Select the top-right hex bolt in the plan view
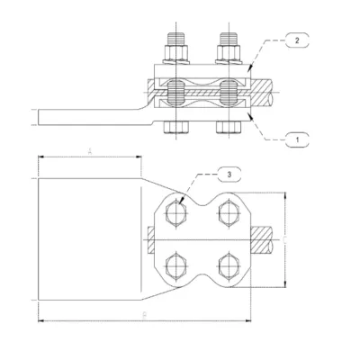tap(226, 214)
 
